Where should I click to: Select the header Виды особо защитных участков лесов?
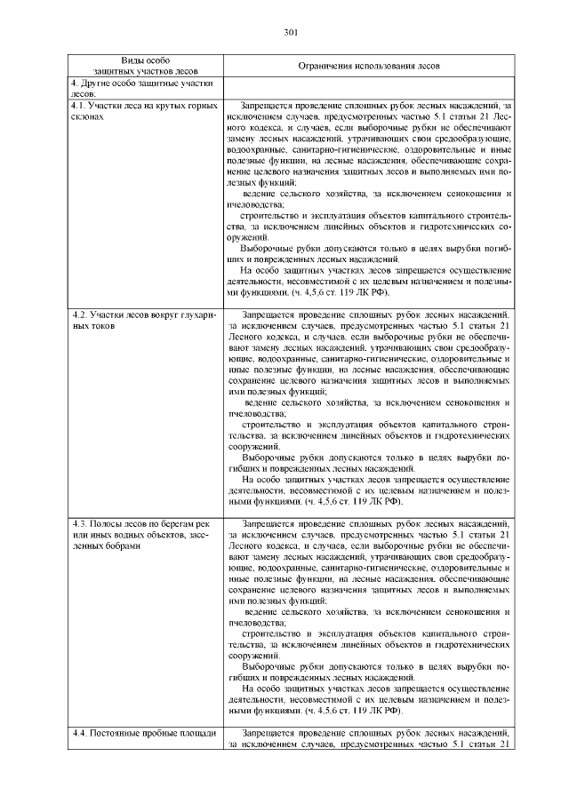click(x=145, y=63)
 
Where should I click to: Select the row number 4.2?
click(x=79, y=314)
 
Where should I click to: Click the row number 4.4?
click(x=79, y=733)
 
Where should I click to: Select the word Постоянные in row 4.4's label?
click(x=116, y=733)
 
